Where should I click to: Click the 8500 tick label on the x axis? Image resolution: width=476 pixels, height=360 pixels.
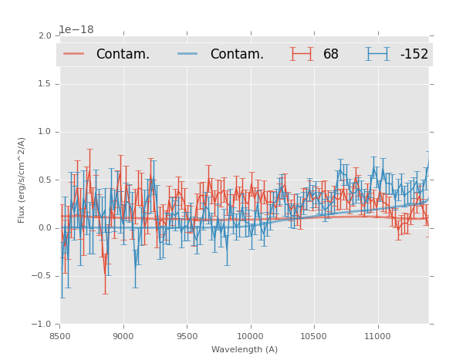click(x=60, y=336)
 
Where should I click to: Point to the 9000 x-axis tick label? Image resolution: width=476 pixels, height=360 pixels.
click(x=123, y=336)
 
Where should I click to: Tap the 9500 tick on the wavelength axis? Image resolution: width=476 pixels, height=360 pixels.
click(x=187, y=336)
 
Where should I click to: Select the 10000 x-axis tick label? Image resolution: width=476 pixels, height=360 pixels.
click(x=250, y=336)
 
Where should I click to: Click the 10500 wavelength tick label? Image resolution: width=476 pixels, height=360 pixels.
click(x=314, y=336)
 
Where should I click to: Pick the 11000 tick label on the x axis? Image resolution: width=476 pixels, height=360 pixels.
click(x=377, y=336)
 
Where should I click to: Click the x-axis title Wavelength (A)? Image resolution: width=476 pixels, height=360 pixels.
click(x=245, y=349)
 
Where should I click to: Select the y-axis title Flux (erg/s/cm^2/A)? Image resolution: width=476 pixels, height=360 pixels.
click(x=22, y=180)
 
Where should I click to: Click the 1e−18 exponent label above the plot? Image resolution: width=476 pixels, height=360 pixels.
click(x=76, y=30)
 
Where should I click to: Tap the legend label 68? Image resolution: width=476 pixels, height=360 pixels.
click(x=331, y=54)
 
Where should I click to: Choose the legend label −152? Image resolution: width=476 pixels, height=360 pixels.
click(x=414, y=54)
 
